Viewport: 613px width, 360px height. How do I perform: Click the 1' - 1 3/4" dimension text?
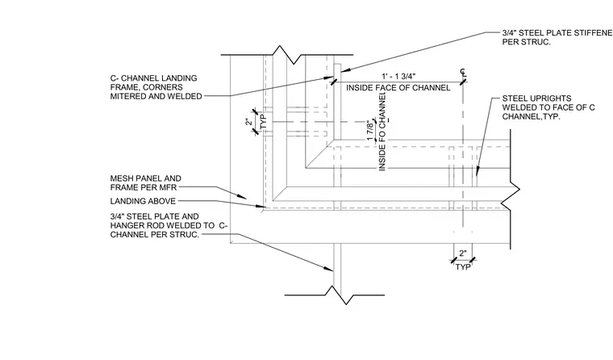[398, 76]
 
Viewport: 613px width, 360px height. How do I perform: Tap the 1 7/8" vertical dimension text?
[370, 131]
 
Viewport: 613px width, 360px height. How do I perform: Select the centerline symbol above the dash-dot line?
[463, 73]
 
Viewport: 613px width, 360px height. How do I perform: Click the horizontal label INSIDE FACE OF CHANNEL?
[398, 88]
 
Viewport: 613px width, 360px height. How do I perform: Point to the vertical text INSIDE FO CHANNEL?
[382, 132]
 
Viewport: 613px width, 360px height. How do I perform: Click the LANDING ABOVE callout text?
[143, 201]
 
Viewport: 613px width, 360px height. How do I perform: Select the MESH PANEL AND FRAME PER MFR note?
[146, 182]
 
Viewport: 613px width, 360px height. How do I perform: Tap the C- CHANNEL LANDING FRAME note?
[156, 87]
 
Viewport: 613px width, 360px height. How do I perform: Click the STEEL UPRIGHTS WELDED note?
[548, 107]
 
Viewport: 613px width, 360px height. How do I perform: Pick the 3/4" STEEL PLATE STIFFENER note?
[557, 38]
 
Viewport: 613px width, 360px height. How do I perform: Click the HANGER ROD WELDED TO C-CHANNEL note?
[169, 225]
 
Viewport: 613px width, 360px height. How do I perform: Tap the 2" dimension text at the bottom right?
[463, 253]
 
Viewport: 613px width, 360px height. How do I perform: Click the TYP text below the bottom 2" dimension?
[463, 267]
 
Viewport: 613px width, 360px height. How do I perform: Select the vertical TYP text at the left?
[263, 121]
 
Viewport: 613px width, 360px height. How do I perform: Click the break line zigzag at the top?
[287, 55]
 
